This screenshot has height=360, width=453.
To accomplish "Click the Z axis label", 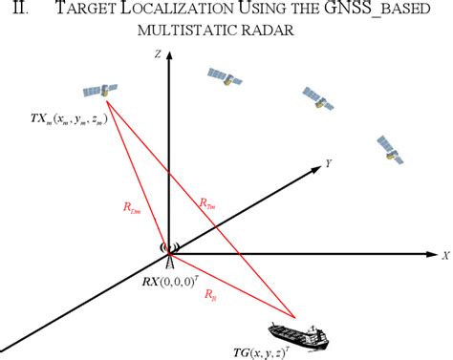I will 155,56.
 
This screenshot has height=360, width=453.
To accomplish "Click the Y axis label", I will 329,164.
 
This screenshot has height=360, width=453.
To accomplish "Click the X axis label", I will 444,255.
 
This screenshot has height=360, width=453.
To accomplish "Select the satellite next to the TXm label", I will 99,91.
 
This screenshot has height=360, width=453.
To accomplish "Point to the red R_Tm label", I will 207,201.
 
